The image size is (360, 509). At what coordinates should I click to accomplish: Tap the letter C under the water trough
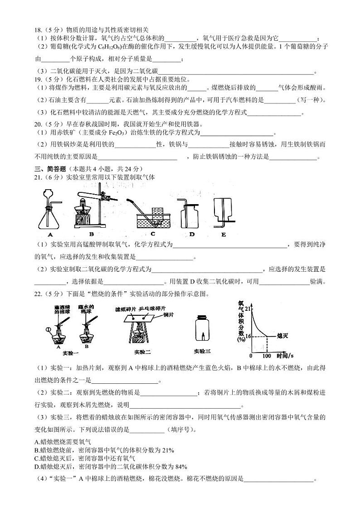coord(153,234)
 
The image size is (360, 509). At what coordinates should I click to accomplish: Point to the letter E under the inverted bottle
coord(223,235)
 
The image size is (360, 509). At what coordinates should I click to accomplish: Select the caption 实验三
coord(202,351)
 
